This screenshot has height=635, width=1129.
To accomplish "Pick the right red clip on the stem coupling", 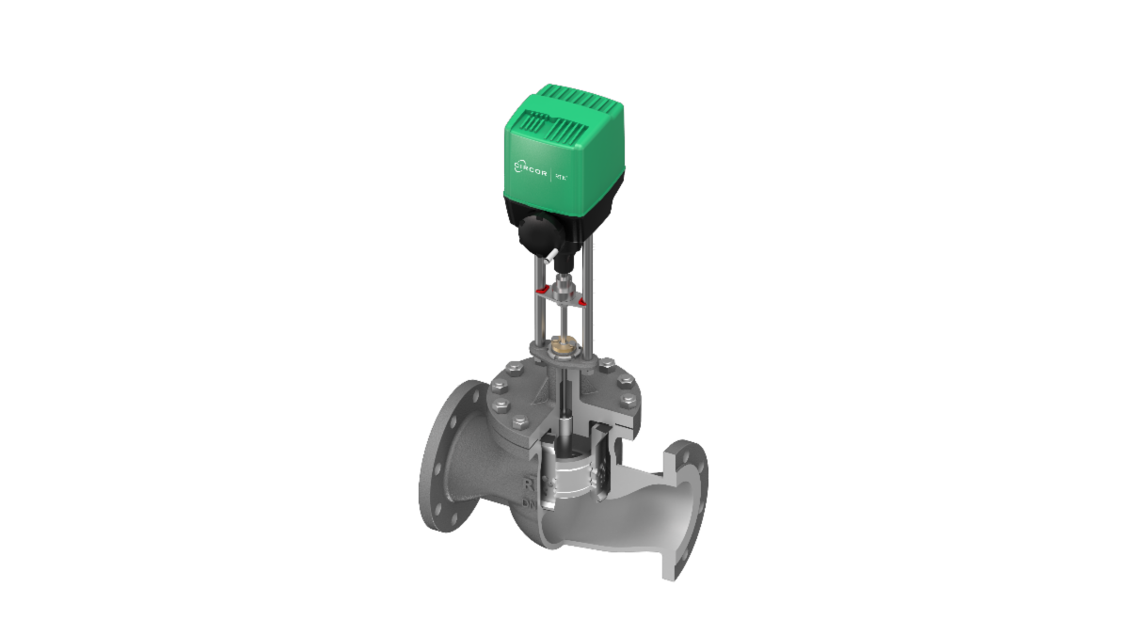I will coord(580,301).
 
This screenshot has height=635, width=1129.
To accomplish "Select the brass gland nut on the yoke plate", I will coord(563,347).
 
